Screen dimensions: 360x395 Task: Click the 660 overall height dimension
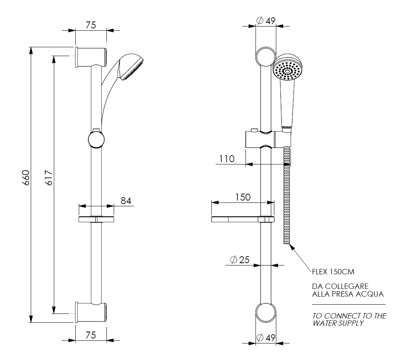click(x=25, y=178)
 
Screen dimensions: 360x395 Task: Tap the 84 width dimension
click(x=126, y=200)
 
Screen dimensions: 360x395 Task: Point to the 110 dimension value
click(x=227, y=158)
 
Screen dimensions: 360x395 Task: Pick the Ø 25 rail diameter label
click(x=240, y=260)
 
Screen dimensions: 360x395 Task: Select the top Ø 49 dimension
click(x=266, y=21)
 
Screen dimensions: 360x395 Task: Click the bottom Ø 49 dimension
click(x=266, y=338)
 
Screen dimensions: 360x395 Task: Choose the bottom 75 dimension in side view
click(x=90, y=335)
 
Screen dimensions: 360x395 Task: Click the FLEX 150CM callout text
click(x=333, y=272)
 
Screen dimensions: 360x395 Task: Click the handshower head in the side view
click(x=132, y=67)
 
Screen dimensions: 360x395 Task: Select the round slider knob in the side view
click(x=96, y=139)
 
